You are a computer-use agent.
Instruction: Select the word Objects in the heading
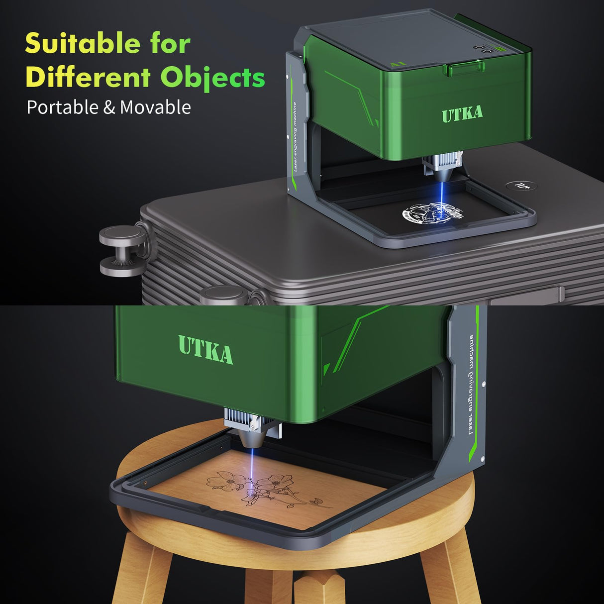(213, 79)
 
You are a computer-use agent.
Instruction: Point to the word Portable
(63, 107)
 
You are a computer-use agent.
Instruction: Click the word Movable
(155, 107)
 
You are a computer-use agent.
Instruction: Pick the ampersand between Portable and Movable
(109, 108)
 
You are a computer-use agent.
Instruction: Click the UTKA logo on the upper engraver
(462, 114)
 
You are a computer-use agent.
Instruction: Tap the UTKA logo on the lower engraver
(205, 349)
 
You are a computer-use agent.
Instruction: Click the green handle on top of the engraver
(463, 69)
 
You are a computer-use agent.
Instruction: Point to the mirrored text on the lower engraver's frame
(471, 386)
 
